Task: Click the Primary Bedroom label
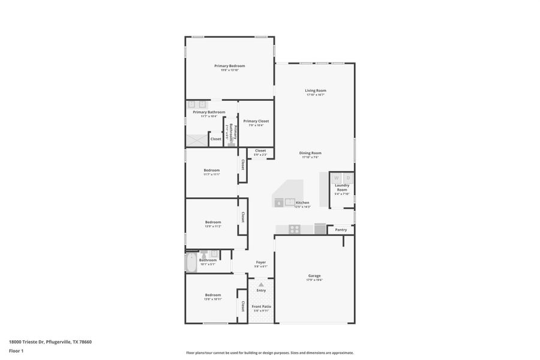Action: (229, 66)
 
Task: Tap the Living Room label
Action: (315, 91)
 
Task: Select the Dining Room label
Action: (310, 153)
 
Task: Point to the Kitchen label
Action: (302, 203)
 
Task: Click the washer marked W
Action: (337, 178)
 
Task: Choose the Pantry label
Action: (341, 230)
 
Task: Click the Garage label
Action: (314, 275)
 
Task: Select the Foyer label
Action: (261, 262)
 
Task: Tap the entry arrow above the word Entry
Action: (261, 284)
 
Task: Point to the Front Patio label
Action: (261, 307)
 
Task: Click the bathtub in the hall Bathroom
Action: (191, 263)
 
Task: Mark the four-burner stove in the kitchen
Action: (295, 229)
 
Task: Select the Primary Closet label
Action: (256, 121)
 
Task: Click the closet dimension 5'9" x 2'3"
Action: (260, 155)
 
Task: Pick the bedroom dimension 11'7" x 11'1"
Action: (212, 174)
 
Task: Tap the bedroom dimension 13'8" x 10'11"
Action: (213, 299)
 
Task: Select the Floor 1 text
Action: (16, 350)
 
